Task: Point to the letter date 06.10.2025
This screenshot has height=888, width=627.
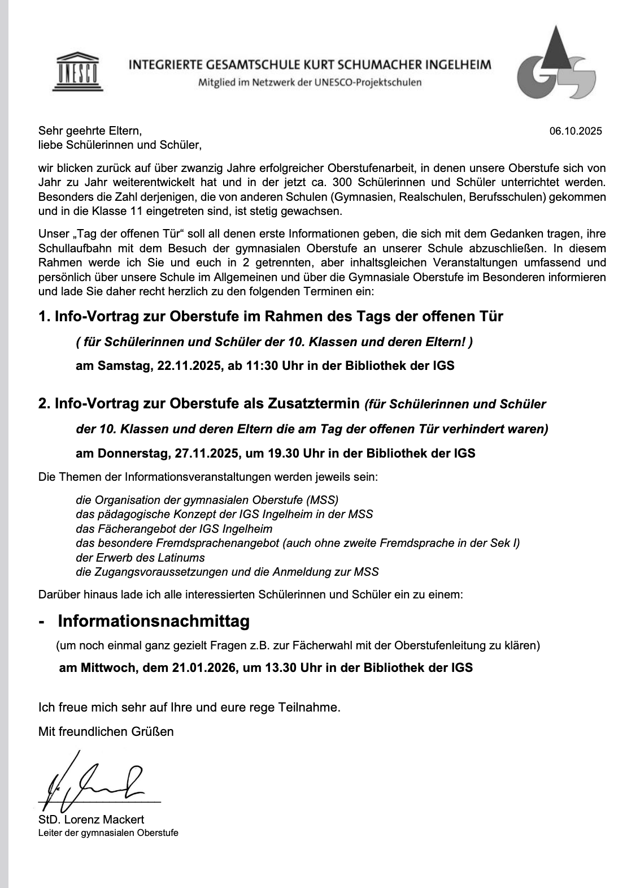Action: pos(576,131)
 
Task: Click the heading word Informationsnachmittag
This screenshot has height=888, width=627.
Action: pos(154,621)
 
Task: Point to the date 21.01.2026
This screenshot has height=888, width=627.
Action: pos(204,667)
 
